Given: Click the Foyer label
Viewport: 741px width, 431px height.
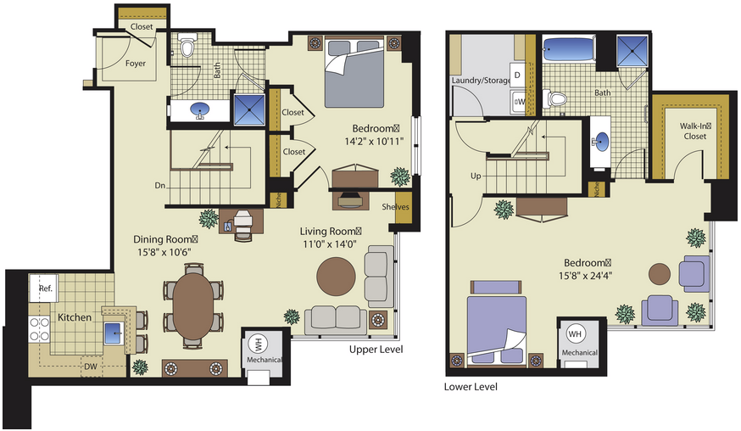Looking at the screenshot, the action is point(135,63).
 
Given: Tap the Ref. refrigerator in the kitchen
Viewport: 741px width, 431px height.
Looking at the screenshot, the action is point(43,288).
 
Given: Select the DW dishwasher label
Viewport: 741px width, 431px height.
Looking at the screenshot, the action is point(91,367).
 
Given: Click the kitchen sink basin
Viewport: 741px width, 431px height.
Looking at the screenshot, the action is point(114,333).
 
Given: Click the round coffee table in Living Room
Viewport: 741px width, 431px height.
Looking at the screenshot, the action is point(336,277).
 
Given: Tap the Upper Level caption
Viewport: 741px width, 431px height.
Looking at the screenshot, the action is point(376,350).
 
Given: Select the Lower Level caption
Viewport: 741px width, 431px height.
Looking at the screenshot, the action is point(471,387).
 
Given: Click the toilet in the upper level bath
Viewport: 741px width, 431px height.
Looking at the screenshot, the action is point(187,47).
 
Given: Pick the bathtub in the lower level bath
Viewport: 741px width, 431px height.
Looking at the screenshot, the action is point(569,48).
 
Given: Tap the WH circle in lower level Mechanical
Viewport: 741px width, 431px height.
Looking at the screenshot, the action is point(575,334).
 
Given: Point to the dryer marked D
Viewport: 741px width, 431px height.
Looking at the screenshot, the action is point(517,75).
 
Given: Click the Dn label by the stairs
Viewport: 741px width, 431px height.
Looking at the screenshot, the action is point(159,186).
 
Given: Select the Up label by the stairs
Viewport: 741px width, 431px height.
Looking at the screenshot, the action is point(476,176).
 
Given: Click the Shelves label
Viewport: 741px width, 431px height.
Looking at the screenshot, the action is point(395,207).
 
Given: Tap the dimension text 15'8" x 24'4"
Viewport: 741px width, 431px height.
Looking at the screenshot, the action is point(586,276).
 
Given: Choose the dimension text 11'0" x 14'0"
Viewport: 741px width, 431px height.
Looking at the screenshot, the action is point(330,244).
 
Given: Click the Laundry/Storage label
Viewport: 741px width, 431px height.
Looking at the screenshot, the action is point(481,81).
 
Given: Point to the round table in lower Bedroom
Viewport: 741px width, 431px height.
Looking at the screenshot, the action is point(659,274).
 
